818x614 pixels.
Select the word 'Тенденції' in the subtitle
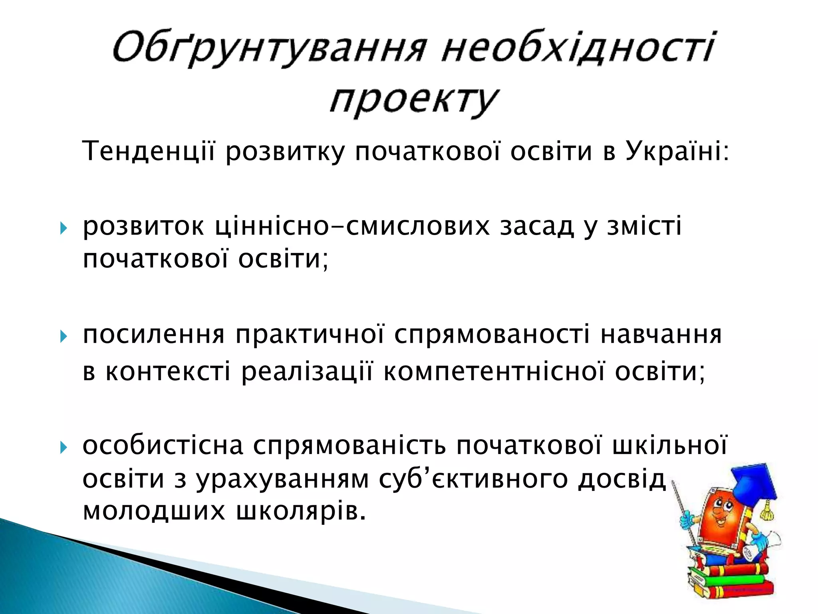[x=148, y=152]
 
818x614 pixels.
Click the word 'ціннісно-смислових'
[x=351, y=226]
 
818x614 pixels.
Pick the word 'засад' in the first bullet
[x=537, y=226]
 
